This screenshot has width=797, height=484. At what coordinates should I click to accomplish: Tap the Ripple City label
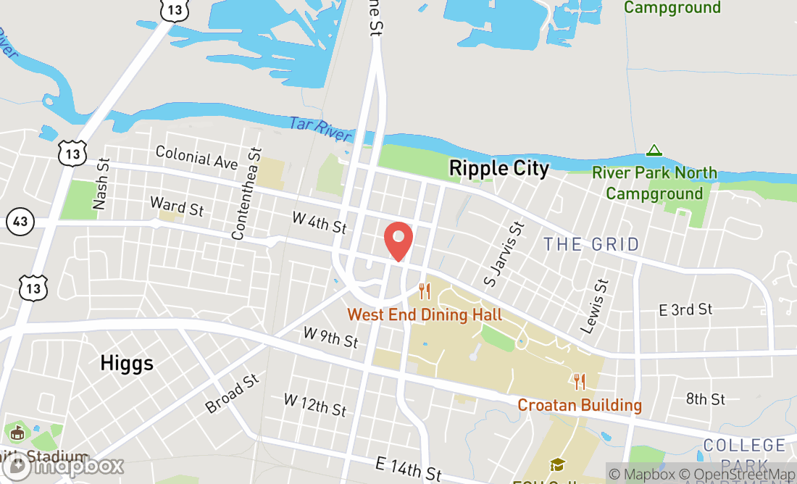[499, 168]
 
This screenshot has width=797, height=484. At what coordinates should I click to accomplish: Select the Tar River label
[320, 129]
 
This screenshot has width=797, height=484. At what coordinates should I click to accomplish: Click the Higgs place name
[128, 362]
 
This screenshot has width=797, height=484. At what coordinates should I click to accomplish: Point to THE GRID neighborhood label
[592, 244]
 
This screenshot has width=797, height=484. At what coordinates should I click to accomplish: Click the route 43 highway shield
[20, 221]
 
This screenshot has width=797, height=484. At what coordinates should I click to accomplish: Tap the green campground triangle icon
[654, 151]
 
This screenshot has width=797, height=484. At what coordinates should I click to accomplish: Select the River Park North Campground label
[654, 183]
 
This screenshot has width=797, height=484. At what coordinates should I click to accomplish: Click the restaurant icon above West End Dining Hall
[425, 292]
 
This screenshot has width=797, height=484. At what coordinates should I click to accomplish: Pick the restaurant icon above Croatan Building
[579, 381]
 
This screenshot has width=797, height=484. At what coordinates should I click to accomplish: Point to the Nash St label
[101, 184]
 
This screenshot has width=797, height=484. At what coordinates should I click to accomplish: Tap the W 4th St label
[320, 222]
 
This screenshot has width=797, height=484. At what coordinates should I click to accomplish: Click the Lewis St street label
[596, 304]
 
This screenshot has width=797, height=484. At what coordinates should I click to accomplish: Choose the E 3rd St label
[685, 309]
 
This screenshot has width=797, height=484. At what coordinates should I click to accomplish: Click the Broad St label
[232, 393]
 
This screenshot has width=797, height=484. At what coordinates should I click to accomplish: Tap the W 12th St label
[314, 404]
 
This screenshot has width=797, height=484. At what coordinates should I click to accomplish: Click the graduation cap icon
[557, 464]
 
